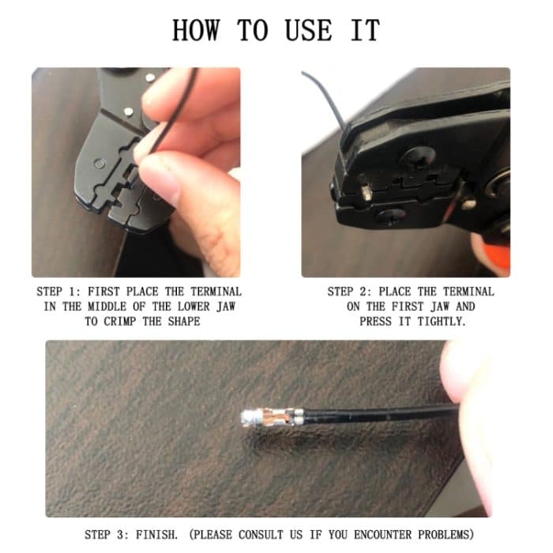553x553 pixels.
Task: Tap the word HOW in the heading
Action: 196,30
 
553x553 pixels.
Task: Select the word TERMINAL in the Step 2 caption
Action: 468,292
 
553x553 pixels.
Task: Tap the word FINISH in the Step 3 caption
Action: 157,535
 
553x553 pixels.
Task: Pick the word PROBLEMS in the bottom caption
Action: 446,535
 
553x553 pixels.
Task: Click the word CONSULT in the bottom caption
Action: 261,535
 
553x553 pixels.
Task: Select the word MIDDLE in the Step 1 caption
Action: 107,307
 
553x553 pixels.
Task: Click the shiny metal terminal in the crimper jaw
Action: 365,193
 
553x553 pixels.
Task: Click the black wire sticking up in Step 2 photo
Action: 328,100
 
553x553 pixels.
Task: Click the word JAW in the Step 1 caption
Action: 226,307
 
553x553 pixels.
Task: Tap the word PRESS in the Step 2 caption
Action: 375,322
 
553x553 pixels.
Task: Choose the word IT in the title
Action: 365,30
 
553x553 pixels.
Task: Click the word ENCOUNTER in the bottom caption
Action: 382,535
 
